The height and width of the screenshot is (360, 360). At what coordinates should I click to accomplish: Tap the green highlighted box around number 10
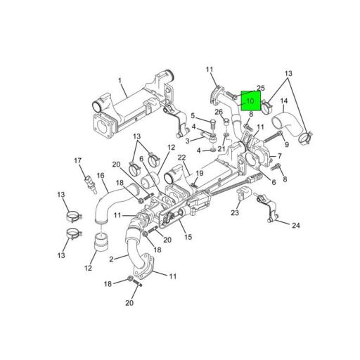250,101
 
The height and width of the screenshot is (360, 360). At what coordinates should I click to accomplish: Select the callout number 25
260,89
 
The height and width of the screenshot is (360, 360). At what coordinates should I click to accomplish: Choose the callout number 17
78,161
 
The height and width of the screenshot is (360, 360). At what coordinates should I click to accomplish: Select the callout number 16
100,176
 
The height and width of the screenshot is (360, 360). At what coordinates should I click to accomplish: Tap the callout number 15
188,237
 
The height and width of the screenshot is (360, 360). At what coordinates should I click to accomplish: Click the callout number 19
200,173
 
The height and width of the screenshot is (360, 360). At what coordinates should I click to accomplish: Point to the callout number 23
235,213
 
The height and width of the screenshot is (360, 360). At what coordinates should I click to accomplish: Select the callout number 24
296,226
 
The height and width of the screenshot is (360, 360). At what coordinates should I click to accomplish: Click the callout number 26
218,112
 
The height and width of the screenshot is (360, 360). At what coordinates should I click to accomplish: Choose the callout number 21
221,149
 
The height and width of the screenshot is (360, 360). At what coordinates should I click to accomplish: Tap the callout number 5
193,115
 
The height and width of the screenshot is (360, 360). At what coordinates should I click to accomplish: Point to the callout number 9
287,144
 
